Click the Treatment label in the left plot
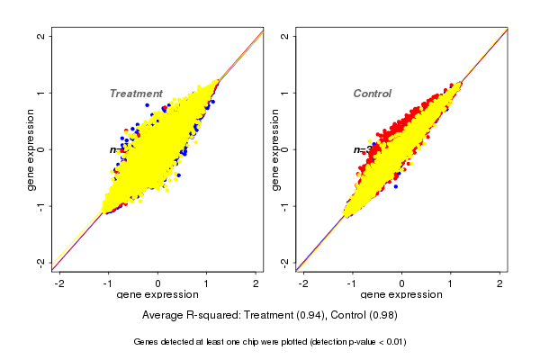136,94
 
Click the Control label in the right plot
373,94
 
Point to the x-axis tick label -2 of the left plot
59,283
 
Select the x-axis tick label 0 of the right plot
402,283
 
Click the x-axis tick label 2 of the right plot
501,283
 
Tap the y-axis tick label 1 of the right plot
284,93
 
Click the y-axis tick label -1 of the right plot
284,205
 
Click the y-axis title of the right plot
274,149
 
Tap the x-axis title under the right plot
401,295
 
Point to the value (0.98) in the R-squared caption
382,316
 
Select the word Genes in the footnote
148,342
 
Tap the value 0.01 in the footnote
392,342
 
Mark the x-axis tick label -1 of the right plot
353,283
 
